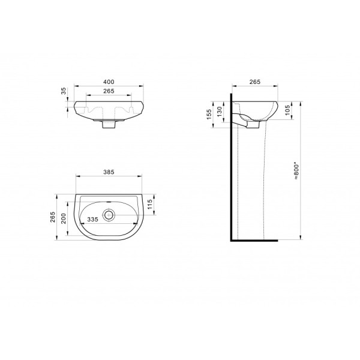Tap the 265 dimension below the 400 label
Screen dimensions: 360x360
coord(109,92)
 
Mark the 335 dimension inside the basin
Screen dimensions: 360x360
coord(92,220)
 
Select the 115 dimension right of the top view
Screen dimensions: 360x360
coord(158,205)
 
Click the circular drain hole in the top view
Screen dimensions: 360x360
coord(109,214)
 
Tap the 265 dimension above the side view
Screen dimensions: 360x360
coord(255,82)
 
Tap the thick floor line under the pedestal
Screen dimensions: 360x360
coord(255,240)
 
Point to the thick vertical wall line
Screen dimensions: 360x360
coord(231,168)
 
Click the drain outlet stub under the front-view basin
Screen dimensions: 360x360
coord(109,125)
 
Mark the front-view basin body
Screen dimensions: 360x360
coord(109,110)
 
